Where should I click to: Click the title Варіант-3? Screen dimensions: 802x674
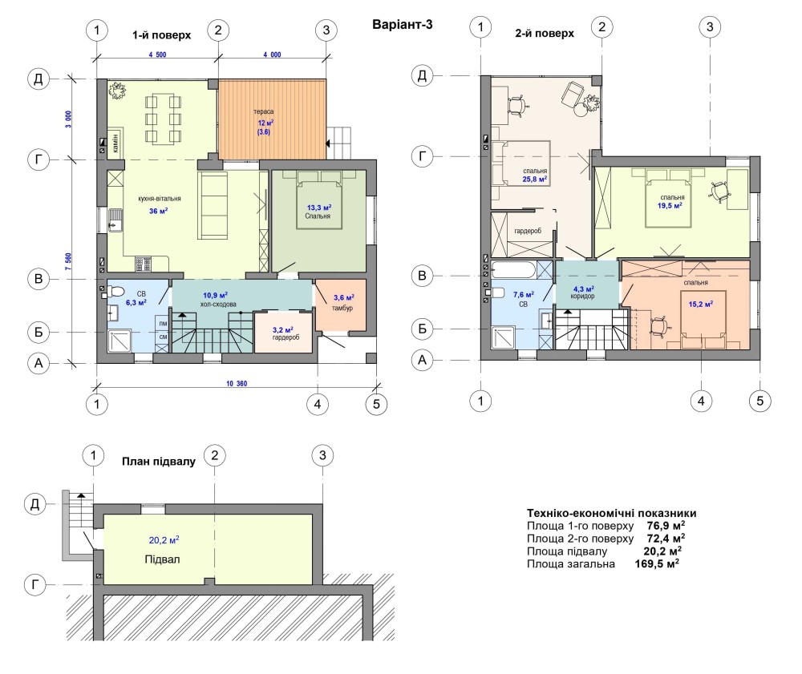[402, 25]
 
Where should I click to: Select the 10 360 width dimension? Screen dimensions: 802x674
[237, 383]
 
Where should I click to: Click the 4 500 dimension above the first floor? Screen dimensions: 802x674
[157, 54]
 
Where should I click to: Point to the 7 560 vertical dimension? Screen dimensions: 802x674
[68, 261]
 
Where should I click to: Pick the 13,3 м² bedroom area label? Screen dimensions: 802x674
[318, 208]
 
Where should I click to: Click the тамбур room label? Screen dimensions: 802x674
[342, 308]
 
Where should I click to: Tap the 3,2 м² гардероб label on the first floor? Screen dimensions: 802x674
[286, 333]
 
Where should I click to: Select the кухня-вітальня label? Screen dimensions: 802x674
[160, 198]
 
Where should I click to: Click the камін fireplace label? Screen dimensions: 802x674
[115, 143]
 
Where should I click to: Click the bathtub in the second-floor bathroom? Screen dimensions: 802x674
[513, 270]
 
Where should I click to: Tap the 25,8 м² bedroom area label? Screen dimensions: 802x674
[534, 180]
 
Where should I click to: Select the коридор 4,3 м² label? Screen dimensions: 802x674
[582, 293]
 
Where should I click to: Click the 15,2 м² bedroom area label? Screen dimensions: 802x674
[700, 305]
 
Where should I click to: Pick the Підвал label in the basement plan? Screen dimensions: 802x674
[162, 559]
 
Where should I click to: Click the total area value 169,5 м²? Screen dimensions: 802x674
[657, 563]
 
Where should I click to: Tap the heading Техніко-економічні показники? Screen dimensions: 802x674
[612, 513]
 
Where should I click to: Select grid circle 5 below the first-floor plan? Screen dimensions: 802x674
[376, 404]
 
